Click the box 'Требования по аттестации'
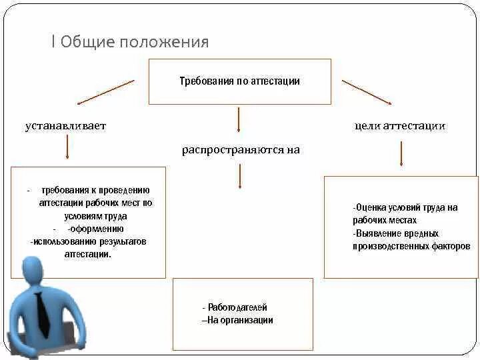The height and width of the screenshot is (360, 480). click(x=239, y=81)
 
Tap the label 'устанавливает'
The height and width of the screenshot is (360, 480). click(x=66, y=125)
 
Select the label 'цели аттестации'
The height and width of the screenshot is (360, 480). click(x=400, y=125)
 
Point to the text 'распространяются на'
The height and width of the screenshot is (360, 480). click(x=241, y=150)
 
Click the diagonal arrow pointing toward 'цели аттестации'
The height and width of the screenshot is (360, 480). click(x=366, y=92)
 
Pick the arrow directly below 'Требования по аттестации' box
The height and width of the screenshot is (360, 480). click(x=239, y=120)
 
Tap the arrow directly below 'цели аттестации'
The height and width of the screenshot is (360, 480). click(x=401, y=154)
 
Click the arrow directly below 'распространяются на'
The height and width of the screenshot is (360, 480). click(x=239, y=176)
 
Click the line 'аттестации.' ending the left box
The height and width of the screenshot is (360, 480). click(x=88, y=254)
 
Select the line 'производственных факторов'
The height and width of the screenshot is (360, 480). click(x=411, y=246)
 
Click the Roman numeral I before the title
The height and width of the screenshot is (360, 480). click(x=53, y=43)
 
